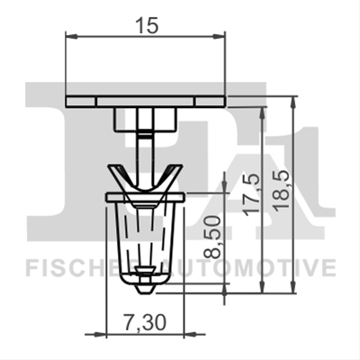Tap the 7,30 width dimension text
coord(144,323)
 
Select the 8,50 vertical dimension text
coord(212,238)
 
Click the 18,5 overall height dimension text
coord(282,192)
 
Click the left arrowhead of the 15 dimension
coord(71,37)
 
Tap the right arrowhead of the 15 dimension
coord(219,37)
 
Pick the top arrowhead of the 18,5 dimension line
coord(293,102)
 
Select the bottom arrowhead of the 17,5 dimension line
coord(263,287)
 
